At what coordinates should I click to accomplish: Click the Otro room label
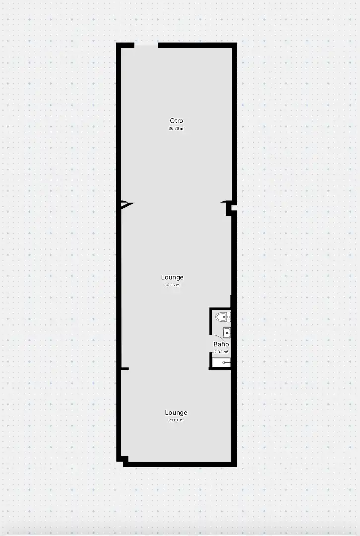176,120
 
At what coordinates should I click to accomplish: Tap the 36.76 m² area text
176,129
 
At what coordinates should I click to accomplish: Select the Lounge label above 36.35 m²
172,277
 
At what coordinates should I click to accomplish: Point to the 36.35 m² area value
172,285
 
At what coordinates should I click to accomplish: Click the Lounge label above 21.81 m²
176,412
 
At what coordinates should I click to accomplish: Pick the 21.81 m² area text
176,420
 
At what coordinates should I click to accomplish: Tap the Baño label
221,344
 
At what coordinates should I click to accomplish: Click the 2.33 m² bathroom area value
221,352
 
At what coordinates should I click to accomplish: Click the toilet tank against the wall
229,317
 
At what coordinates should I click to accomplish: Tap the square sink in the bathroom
227,332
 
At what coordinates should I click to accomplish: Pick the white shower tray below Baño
221,362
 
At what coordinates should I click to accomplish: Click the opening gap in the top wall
146,45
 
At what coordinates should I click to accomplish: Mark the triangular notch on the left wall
127,204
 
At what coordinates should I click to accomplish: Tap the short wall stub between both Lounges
125,369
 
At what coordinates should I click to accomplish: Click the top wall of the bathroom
220,308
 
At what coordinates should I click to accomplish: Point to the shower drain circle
225,362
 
